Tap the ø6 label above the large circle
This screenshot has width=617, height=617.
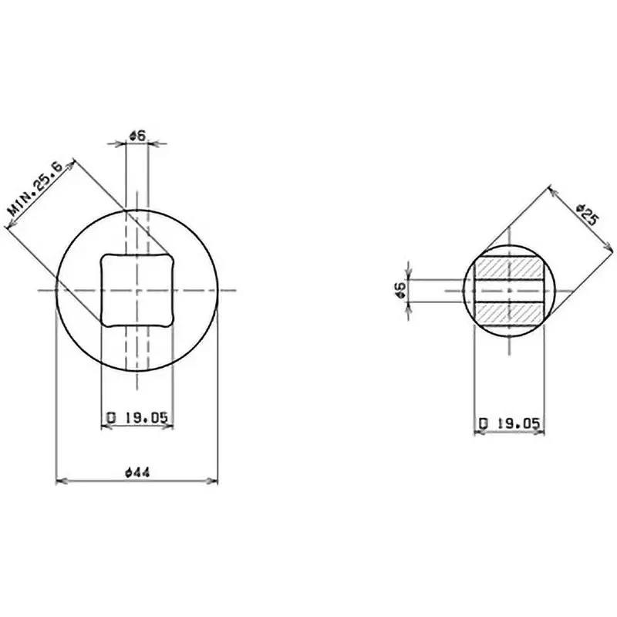pyautogui.click(x=137, y=135)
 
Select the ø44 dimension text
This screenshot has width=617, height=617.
pyautogui.click(x=137, y=472)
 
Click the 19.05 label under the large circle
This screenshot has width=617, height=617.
pyautogui.click(x=137, y=417)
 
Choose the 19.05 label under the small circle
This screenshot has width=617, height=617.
pyautogui.click(x=509, y=423)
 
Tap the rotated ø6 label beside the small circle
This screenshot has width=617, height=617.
pyautogui.click(x=400, y=290)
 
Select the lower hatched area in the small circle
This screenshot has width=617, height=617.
pyautogui.click(x=509, y=312)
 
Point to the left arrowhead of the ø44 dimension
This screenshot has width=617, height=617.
pyautogui.click(x=60, y=482)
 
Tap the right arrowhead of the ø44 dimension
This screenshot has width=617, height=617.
pyautogui.click(x=214, y=482)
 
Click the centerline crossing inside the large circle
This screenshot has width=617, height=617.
pyautogui.click(x=137, y=290)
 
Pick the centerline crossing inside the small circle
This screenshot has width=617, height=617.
pyautogui.click(x=509, y=290)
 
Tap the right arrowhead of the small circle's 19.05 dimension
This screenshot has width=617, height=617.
pyautogui.click(x=541, y=433)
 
